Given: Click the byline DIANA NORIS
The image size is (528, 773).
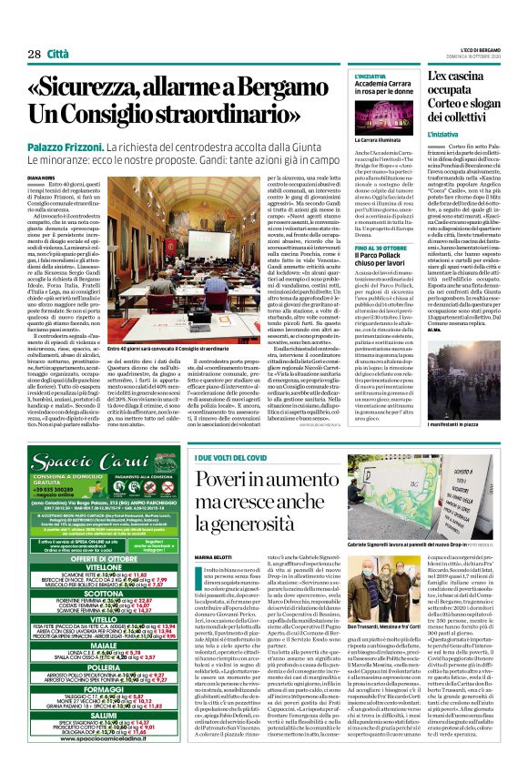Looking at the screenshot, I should (41, 178).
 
